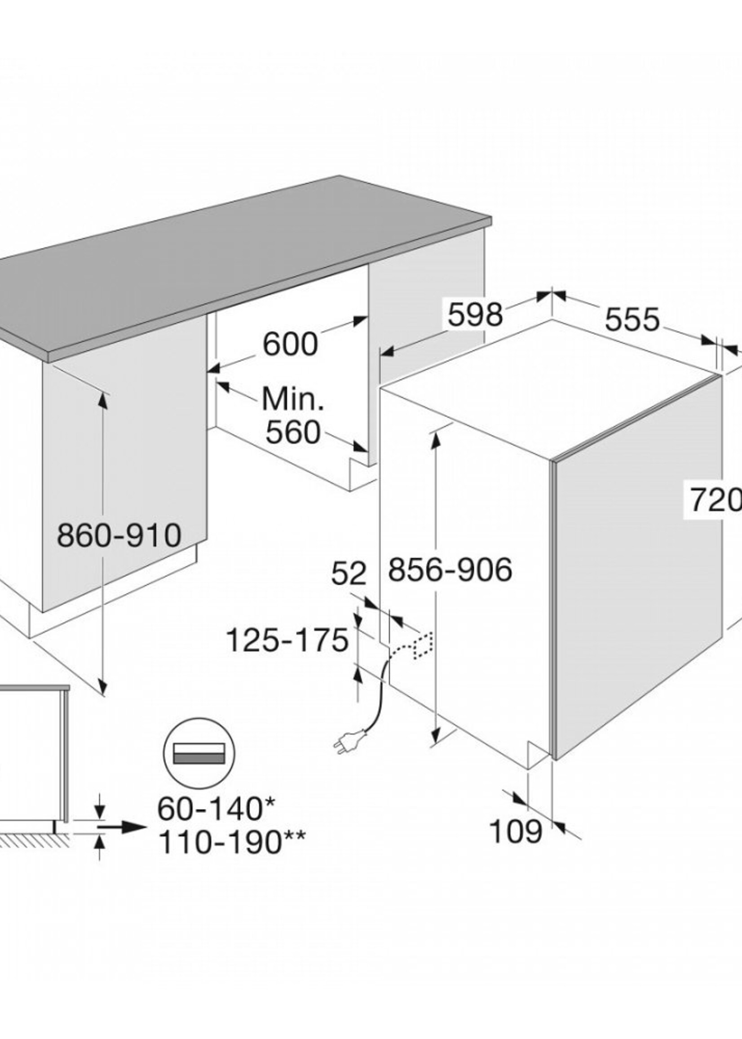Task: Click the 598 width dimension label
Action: [475, 314]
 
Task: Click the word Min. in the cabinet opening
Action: [293, 399]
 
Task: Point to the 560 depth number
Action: [293, 432]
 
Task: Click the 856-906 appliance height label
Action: [450, 570]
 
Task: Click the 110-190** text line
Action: [231, 842]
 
